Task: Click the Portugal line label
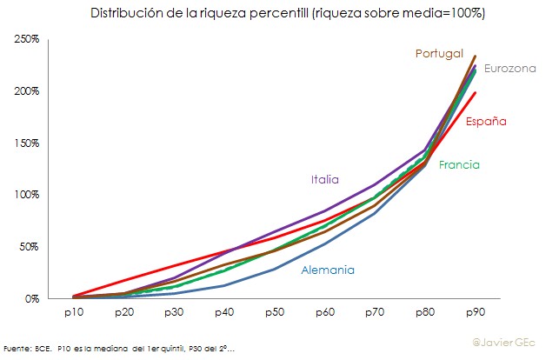click(x=439, y=54)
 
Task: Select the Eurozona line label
click(x=510, y=68)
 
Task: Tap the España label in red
click(x=486, y=122)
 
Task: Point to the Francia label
click(x=459, y=164)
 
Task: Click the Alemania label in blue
click(x=328, y=270)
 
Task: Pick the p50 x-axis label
click(x=274, y=310)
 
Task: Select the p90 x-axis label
click(x=476, y=310)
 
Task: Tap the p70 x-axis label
click(x=375, y=310)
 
